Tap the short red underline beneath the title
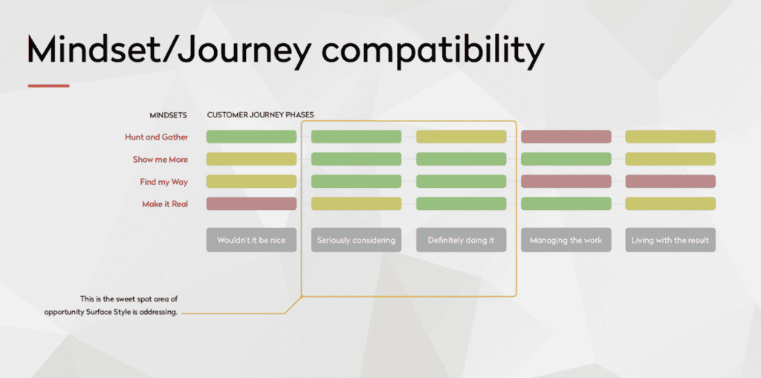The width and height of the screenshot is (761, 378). pos(48,86)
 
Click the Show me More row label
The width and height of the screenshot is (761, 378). pos(160,159)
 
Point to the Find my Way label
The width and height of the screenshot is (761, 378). pos(163,181)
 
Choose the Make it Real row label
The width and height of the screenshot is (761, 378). pos(165,203)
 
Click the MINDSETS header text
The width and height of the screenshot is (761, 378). pos(167,115)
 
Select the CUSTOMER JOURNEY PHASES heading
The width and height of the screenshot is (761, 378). pos(260,115)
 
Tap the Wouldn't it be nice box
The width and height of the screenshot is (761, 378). pos(251,240)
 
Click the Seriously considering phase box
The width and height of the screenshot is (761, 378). pos(356,240)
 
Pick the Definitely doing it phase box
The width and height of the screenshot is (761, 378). pos(461,240)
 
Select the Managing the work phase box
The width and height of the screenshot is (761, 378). pos(566,240)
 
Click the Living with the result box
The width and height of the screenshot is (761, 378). pos(670,240)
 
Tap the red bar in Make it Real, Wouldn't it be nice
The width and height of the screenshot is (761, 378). pos(251,203)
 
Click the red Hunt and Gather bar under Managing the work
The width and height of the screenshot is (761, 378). pos(566,137)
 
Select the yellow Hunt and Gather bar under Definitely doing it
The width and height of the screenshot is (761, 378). pos(461,137)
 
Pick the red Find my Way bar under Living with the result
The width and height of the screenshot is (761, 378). pos(670,181)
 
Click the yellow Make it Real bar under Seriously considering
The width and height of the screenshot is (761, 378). pos(356,203)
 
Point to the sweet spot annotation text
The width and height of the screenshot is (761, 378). pos(111,305)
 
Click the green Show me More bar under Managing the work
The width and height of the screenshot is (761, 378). pos(566,159)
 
